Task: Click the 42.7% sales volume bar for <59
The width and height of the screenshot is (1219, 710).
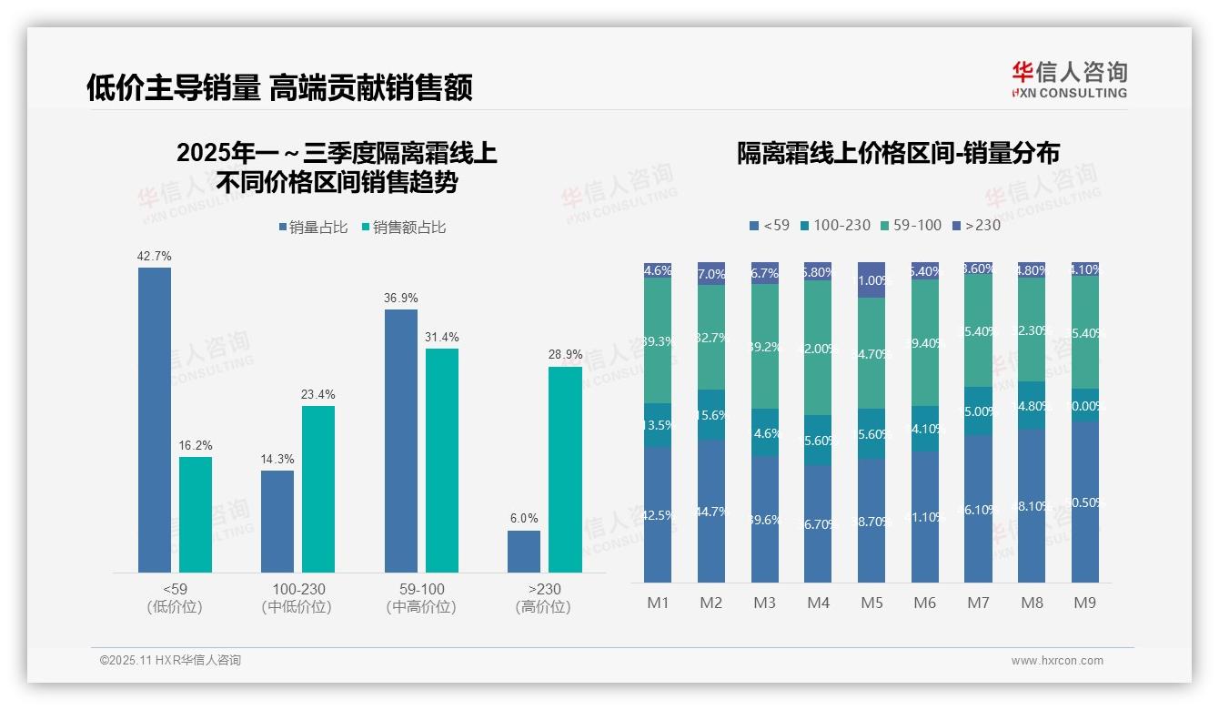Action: pyautogui.click(x=155, y=419)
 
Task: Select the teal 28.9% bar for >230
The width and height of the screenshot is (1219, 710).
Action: pyautogui.click(x=565, y=469)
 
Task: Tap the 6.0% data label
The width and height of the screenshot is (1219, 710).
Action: pyautogui.click(x=524, y=519)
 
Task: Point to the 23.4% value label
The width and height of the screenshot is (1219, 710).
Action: pyautogui.click(x=318, y=394)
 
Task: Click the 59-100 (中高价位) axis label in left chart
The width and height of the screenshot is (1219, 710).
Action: pyautogui.click(x=421, y=598)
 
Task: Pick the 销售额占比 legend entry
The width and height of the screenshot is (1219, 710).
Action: pyautogui.click(x=403, y=228)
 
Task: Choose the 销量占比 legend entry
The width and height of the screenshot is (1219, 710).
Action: pyautogui.click(x=313, y=228)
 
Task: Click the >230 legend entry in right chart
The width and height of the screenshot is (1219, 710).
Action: pyautogui.click(x=976, y=225)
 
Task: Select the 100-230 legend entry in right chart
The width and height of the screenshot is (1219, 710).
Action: pyautogui.click(x=833, y=225)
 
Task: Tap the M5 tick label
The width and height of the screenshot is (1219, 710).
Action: pyautogui.click(x=871, y=603)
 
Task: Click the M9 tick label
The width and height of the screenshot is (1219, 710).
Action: pyautogui.click(x=1084, y=603)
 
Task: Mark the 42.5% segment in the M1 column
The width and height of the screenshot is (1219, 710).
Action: pyautogui.click(x=658, y=514)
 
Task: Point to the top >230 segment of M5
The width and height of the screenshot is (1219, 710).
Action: pyautogui.click(x=871, y=280)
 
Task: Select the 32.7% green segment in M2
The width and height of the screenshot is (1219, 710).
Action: pyautogui.click(x=711, y=337)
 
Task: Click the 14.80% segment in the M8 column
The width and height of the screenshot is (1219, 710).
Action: pyautogui.click(x=1032, y=405)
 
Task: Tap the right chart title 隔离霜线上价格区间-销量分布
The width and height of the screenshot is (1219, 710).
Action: pyautogui.click(x=898, y=153)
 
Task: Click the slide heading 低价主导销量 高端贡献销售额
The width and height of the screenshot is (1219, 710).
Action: pyautogui.click(x=279, y=87)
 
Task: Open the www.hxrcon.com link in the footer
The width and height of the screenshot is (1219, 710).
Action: pyautogui.click(x=1057, y=661)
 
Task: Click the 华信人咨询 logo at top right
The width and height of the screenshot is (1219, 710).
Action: pyautogui.click(x=1069, y=79)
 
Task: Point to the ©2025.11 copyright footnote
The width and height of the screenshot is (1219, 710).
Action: pyautogui.click(x=170, y=661)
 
